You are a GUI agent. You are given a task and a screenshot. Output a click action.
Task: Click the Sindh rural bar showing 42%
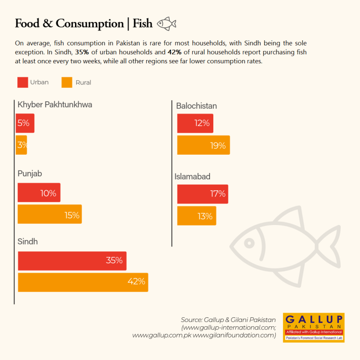click(x=83, y=282)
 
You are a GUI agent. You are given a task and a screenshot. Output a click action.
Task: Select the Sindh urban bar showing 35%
click(x=72, y=261)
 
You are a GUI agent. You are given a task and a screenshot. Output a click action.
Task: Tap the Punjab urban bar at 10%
click(x=39, y=192)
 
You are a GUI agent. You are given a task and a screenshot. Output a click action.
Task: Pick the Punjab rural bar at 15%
click(x=50, y=214)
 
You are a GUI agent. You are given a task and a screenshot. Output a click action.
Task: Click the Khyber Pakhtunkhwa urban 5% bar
click(x=25, y=123)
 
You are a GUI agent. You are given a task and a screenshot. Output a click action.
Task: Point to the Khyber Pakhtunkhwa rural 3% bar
click(x=22, y=145)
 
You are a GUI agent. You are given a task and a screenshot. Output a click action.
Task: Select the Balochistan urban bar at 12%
click(x=195, y=123)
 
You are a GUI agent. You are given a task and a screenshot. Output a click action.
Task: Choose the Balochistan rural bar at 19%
click(x=203, y=145)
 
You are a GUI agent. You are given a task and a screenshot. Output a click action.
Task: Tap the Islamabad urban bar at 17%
click(x=202, y=194)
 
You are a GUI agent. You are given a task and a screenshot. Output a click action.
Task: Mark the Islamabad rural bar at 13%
click(x=196, y=216)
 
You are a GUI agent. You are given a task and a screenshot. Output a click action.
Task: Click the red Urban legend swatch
click(x=22, y=82)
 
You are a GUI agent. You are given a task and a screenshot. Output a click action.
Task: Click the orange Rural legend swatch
click(x=67, y=82)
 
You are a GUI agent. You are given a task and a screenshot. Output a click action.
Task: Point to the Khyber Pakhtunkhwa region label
click(x=55, y=105)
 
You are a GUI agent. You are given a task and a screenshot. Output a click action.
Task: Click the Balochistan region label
click(x=196, y=106)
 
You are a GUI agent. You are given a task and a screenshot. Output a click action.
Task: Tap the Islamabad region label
click(x=192, y=177)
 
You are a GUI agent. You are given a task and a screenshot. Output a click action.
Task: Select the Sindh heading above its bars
click(x=28, y=241)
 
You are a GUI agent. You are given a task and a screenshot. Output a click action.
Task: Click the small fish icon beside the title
click(x=166, y=23)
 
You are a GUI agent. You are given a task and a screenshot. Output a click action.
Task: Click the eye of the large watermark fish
click(x=249, y=243)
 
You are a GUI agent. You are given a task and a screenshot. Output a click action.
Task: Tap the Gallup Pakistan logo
click(x=314, y=328)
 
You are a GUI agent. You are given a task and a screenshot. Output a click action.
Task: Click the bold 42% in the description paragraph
click(x=174, y=52)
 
